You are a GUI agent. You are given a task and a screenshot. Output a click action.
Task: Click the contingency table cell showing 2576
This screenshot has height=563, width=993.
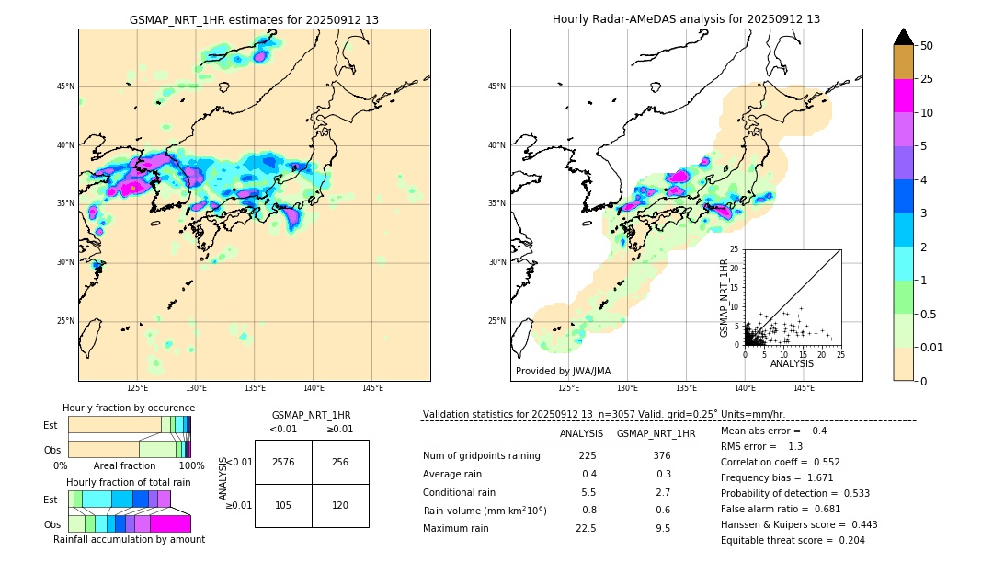(283, 462)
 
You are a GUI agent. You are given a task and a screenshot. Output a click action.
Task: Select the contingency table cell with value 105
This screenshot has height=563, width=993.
(283, 505)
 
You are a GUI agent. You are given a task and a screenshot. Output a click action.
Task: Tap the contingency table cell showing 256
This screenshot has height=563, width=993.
(340, 462)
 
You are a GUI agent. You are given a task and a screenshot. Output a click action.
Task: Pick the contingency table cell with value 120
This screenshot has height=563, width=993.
(340, 505)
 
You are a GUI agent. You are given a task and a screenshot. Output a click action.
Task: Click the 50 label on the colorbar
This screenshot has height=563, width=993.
(927, 46)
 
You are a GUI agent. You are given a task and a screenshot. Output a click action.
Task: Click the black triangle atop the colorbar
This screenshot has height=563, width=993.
(903, 37)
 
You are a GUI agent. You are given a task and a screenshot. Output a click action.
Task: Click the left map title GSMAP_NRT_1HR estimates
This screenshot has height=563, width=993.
(254, 19)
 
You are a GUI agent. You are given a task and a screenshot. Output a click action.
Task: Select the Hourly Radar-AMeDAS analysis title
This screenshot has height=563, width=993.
(686, 19)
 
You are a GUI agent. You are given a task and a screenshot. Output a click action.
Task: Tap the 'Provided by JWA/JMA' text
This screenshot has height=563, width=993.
(563, 371)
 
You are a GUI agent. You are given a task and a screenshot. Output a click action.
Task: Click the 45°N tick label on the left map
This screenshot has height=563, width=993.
(65, 86)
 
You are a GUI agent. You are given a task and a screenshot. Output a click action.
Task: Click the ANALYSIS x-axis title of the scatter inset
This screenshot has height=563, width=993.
(792, 363)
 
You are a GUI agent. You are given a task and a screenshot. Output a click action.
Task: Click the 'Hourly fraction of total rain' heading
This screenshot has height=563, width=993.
(129, 482)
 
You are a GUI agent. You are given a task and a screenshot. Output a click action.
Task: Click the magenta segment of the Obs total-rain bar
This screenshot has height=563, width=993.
(170, 523)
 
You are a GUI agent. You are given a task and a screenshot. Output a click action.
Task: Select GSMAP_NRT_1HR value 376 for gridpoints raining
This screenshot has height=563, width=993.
(661, 456)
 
